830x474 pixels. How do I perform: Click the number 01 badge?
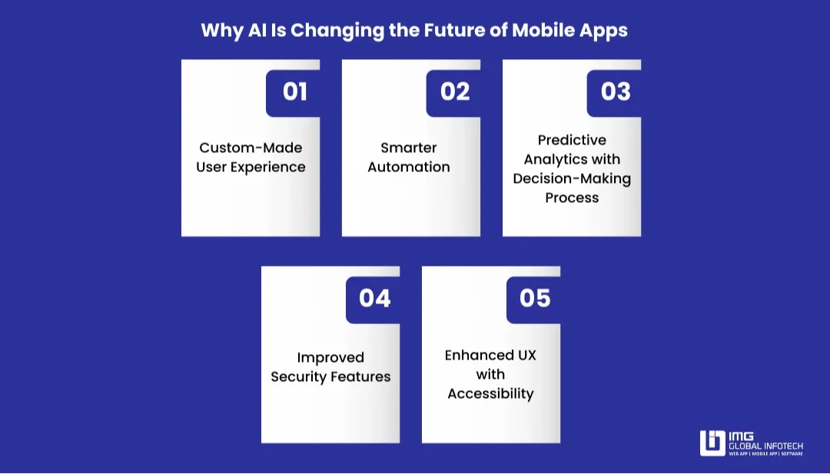point(294,92)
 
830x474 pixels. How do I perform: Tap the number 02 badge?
point(455,92)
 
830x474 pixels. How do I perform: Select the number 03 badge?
point(616,92)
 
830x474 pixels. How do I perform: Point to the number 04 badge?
point(374,298)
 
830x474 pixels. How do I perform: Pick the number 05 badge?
point(535,298)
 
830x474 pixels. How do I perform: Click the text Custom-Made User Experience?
point(251,157)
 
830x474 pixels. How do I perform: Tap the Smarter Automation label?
point(409,157)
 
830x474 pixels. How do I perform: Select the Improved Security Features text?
point(330,367)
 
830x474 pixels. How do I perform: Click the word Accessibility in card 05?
point(490,393)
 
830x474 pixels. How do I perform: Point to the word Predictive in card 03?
point(572,140)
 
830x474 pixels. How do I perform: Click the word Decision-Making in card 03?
point(572,178)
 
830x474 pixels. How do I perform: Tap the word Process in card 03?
point(572,197)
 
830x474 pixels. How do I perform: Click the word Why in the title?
point(221,31)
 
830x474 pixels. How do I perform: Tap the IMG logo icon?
point(712,443)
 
